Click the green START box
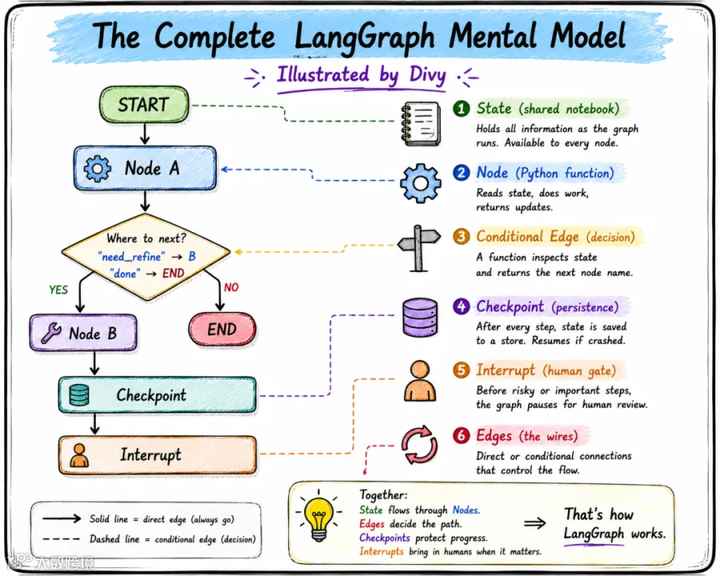coord(144,105)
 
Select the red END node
coord(222,330)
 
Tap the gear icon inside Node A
coord(98,168)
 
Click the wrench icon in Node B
coord(51,333)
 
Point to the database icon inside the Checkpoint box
coord(79,395)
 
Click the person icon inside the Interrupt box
coord(79,455)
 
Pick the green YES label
coord(58,290)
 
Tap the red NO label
coord(231,287)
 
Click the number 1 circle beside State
coord(462,109)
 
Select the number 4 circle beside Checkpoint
coord(462,306)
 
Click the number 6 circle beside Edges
coord(462,435)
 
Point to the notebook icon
coord(421,123)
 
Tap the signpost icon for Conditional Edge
coord(418,248)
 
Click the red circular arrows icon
coord(419,446)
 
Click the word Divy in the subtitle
coord(427,75)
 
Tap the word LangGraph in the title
coord(364,38)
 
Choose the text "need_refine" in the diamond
coord(131,256)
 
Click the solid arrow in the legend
coord(62,518)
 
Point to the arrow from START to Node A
coord(145,134)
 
